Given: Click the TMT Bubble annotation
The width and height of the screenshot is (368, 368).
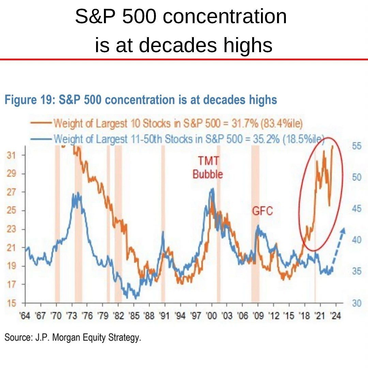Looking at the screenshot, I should [208, 167].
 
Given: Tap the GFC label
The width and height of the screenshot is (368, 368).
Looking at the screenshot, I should [262, 211].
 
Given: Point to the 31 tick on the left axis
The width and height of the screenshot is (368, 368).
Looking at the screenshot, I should [12, 155].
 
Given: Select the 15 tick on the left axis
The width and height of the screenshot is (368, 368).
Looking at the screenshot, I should [12, 303].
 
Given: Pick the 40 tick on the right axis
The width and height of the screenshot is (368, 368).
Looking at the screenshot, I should [356, 240].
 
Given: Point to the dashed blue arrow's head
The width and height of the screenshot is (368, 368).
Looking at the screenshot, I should [343, 230].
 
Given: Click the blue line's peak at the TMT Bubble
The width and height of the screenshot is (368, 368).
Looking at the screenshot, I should [212, 189].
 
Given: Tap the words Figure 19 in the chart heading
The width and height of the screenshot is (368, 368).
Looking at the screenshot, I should [29, 100].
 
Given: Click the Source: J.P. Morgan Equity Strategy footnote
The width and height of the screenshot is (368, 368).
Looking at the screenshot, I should [72, 338].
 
